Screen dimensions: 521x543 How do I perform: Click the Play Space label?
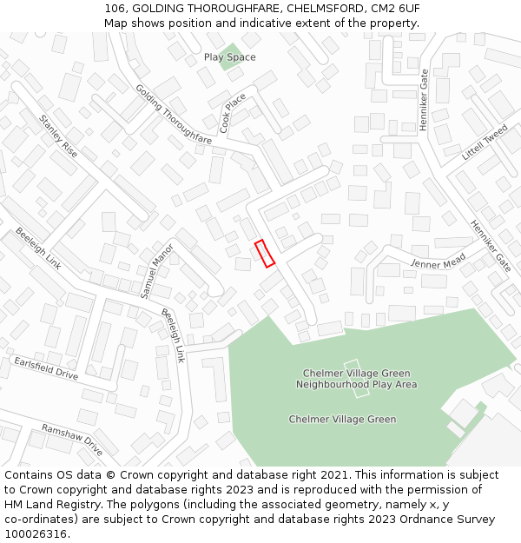(x=229, y=57)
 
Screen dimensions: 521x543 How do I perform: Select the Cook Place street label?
(x=233, y=113)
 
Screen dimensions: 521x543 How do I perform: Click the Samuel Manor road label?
(x=157, y=270)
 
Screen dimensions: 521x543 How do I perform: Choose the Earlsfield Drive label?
(x=45, y=368)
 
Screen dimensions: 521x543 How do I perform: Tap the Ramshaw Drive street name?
(x=72, y=440)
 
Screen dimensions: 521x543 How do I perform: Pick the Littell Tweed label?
(x=485, y=142)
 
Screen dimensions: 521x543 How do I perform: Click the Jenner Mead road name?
(x=439, y=262)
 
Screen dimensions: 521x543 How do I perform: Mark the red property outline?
(x=265, y=253)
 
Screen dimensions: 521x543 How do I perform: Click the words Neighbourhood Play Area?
(x=356, y=384)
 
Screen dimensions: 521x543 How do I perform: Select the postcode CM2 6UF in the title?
(x=397, y=8)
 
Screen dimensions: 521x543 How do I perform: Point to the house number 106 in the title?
(x=114, y=8)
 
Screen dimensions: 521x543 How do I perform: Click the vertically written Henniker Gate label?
(x=424, y=100)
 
